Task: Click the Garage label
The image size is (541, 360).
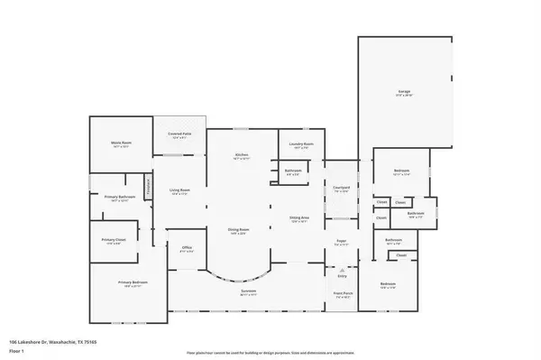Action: (404, 92)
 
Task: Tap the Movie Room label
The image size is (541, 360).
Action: (121, 143)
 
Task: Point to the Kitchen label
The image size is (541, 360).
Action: (242, 155)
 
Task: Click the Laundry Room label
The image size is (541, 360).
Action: (301, 144)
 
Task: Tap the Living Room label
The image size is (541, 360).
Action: (179, 189)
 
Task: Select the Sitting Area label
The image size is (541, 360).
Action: (300, 217)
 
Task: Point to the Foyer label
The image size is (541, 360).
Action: (342, 241)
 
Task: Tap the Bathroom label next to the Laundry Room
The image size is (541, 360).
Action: (293, 171)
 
